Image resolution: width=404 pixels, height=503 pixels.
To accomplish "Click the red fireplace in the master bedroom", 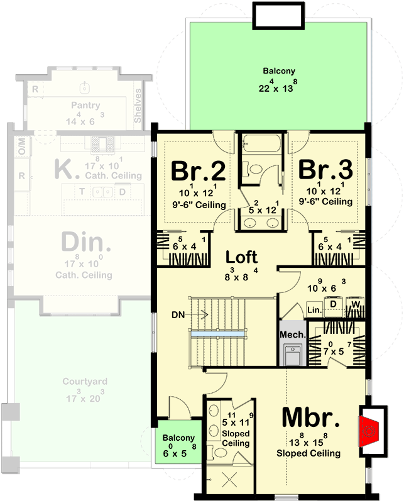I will pos(368,431).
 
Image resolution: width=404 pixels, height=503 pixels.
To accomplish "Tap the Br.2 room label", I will pos(199,170).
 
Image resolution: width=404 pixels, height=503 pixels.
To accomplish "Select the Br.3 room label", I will pos(325,170).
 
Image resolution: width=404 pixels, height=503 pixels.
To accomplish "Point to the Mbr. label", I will pos(310,417).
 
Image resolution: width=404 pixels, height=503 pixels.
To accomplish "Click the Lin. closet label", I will pos(314,309).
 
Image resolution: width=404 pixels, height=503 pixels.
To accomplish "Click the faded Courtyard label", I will pos(85,382).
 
